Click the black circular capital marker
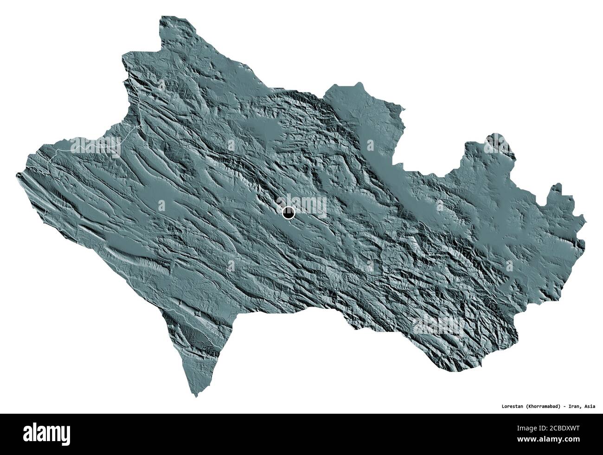pos(289,213)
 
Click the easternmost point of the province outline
pos(584,240)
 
